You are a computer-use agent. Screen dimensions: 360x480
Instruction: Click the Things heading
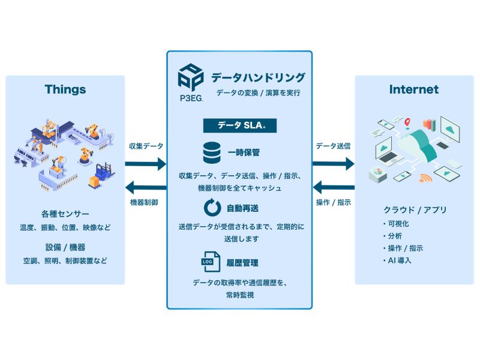(65, 90)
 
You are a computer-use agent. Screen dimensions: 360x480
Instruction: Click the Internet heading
(414, 90)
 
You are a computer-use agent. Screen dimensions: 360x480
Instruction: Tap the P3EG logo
(190, 82)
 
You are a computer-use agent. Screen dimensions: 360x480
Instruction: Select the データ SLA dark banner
(239, 125)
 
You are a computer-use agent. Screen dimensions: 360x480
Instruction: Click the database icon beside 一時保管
(211, 152)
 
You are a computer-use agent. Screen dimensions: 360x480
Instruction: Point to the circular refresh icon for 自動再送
(211, 208)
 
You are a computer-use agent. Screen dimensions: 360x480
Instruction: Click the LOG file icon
(211, 263)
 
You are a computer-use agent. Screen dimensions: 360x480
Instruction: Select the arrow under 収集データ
(146, 163)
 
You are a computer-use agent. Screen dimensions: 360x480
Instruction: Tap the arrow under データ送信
(334, 163)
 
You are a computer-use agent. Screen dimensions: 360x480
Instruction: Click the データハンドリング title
(258, 77)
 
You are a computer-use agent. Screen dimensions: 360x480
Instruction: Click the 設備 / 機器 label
(65, 247)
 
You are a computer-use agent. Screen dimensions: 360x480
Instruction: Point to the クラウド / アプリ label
(415, 210)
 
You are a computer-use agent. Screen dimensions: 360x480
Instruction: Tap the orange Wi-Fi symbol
(425, 178)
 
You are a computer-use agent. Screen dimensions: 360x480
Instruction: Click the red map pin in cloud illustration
(407, 122)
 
